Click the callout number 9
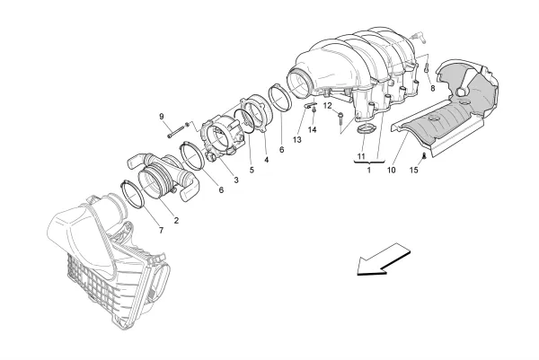tap(163, 117)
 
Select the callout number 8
tap(432, 89)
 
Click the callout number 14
tap(313, 130)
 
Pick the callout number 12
tap(329, 106)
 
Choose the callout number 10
tap(392, 169)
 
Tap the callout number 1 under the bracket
tap(367, 169)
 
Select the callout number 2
tap(175, 220)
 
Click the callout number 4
tap(266, 161)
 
